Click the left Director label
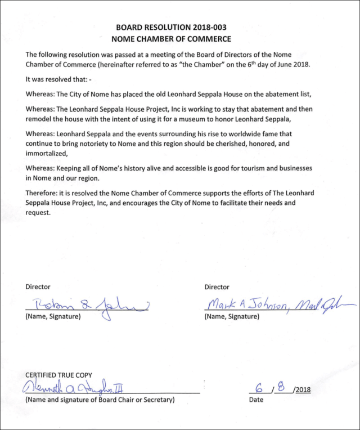[x=38, y=287]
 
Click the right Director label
[x=217, y=287]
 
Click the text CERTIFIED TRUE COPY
[x=58, y=375]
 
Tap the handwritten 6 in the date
[x=259, y=388]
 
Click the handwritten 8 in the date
[x=281, y=387]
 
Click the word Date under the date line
[x=256, y=400]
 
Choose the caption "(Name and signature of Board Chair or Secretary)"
[x=100, y=400]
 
